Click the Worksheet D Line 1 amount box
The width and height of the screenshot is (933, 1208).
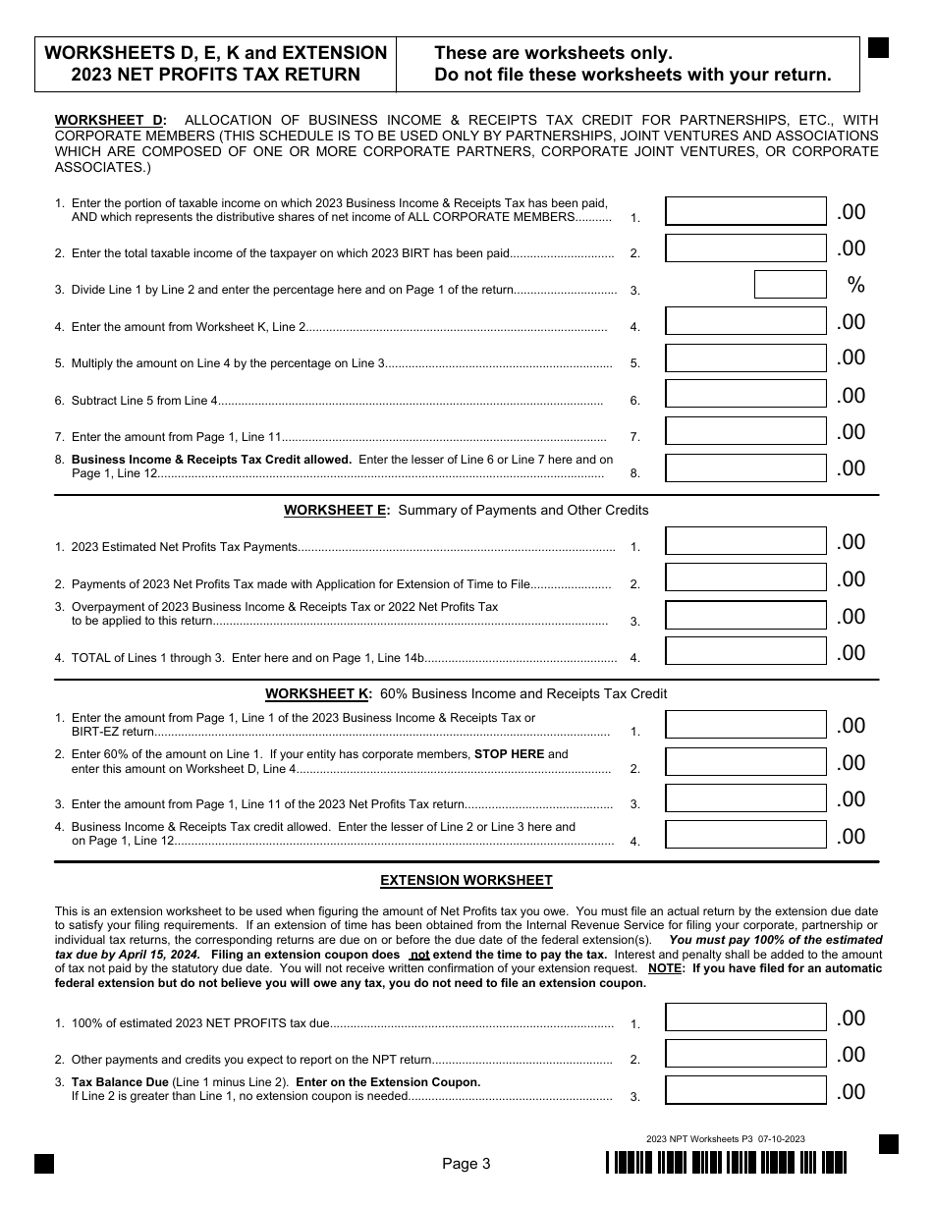click(745, 211)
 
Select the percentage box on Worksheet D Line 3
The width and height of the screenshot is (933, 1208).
click(790, 285)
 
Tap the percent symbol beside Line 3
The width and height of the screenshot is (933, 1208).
click(855, 285)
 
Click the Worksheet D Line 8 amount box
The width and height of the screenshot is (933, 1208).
click(745, 468)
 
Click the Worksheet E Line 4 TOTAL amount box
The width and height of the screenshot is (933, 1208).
click(745, 652)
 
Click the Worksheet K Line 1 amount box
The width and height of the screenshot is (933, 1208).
click(745, 725)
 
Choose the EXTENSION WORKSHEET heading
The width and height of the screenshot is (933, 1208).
click(466, 880)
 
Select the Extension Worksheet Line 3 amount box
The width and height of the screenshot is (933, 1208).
click(745, 1091)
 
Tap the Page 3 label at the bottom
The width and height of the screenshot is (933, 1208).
click(466, 1164)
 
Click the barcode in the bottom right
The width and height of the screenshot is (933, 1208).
click(726, 1163)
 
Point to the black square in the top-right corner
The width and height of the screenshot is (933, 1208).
click(878, 48)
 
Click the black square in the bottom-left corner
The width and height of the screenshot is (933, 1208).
click(44, 1164)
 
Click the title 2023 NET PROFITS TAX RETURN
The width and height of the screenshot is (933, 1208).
click(215, 75)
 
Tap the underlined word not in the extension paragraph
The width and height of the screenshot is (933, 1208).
click(420, 954)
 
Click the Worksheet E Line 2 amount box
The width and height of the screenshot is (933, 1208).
click(745, 578)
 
